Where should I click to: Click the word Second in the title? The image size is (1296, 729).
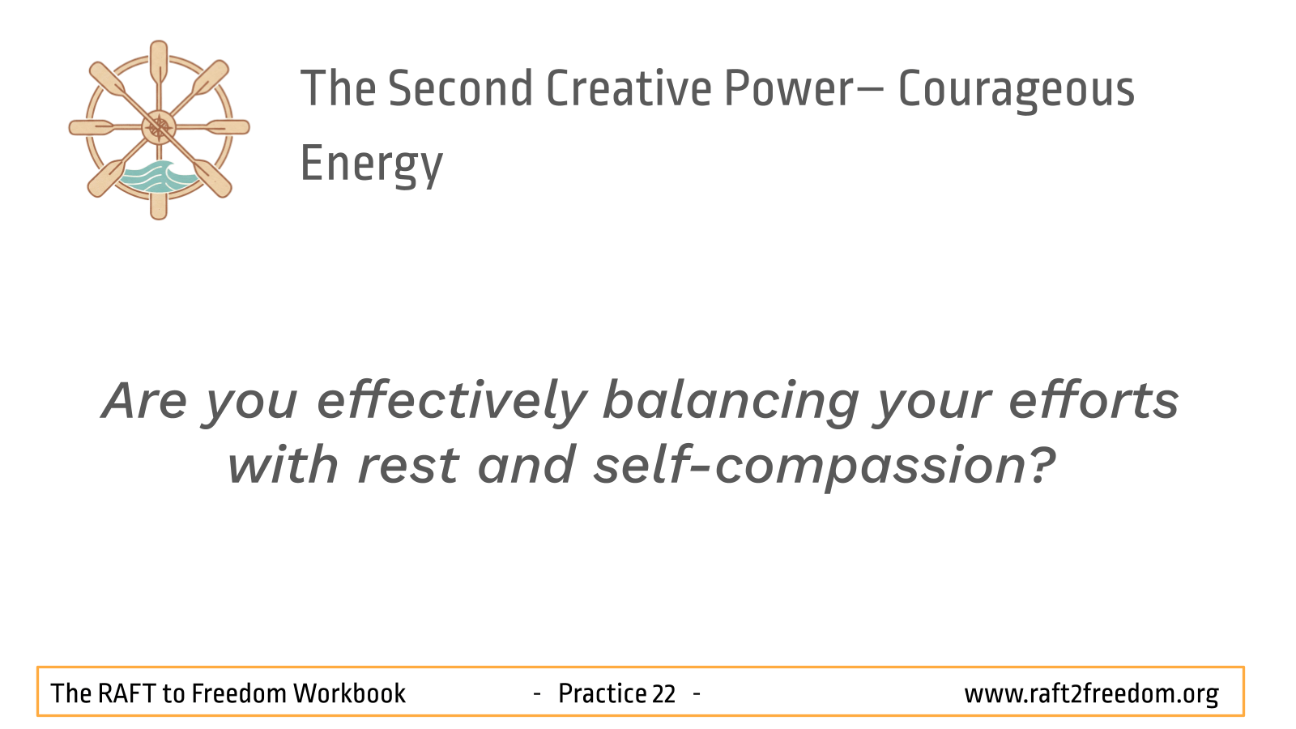tap(460, 88)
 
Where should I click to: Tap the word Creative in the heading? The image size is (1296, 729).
tap(629, 88)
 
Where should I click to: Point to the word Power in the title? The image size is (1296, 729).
tap(789, 88)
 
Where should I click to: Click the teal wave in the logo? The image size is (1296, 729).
tap(157, 177)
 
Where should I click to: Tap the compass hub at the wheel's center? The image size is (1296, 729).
tap(159, 127)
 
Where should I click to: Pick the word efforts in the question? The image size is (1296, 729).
tap(1093, 400)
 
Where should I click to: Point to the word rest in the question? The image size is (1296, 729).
tap(408, 467)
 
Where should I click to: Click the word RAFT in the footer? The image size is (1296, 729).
tap(126, 693)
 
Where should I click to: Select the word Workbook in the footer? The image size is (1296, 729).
tap(349, 693)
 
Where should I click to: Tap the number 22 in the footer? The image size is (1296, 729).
tap(663, 693)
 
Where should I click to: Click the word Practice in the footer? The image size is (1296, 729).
tap(602, 693)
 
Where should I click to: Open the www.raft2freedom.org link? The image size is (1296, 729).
tap(1091, 694)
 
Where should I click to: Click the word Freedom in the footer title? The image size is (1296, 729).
tap(239, 693)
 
